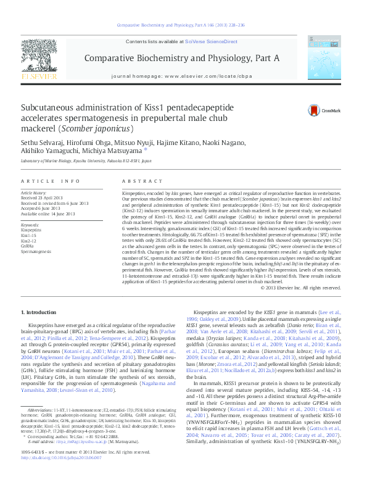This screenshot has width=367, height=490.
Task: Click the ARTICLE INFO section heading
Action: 50,181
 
